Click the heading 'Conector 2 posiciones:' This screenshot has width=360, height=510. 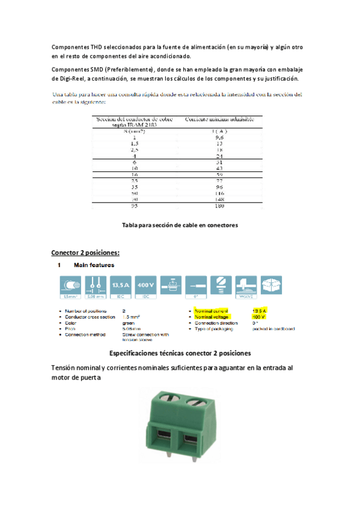(85, 252)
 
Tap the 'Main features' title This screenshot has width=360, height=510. (94, 265)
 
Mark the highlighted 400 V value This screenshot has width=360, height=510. (258, 316)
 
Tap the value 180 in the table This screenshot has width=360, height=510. (218, 206)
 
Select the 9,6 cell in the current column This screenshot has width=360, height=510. (218, 138)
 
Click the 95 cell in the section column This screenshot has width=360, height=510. (134, 206)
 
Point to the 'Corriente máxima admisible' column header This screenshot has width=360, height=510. (219, 120)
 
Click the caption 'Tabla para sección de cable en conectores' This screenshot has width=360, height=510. (180, 225)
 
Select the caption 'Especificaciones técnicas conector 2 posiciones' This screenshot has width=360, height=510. (180, 353)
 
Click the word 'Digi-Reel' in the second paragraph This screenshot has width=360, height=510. (69, 79)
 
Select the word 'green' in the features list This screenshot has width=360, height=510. (128, 322)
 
